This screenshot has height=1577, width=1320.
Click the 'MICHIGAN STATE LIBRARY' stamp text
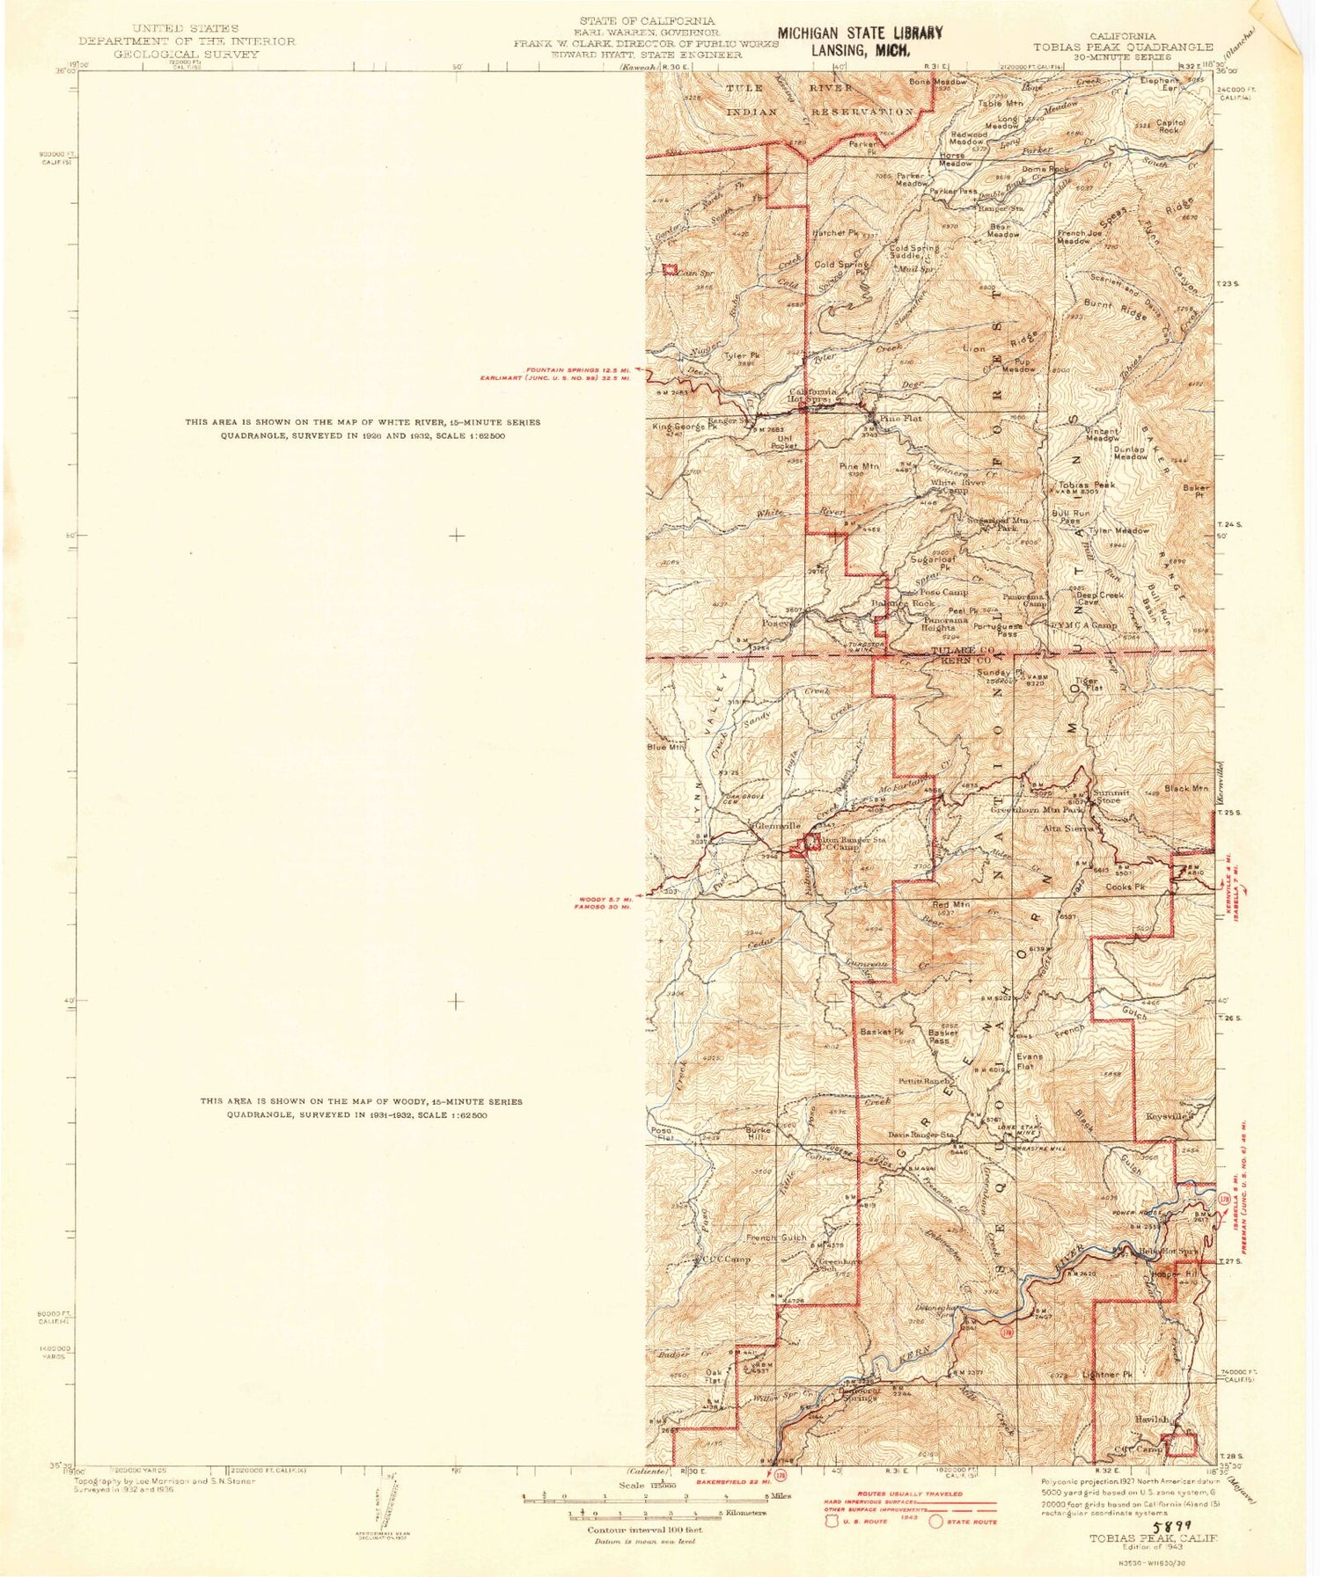pos(860,33)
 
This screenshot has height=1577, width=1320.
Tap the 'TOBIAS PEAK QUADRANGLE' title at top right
pos(1124,47)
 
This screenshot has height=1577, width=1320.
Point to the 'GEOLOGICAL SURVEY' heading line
pos(187,54)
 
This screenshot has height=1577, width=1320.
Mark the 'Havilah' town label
pos(1152,1419)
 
